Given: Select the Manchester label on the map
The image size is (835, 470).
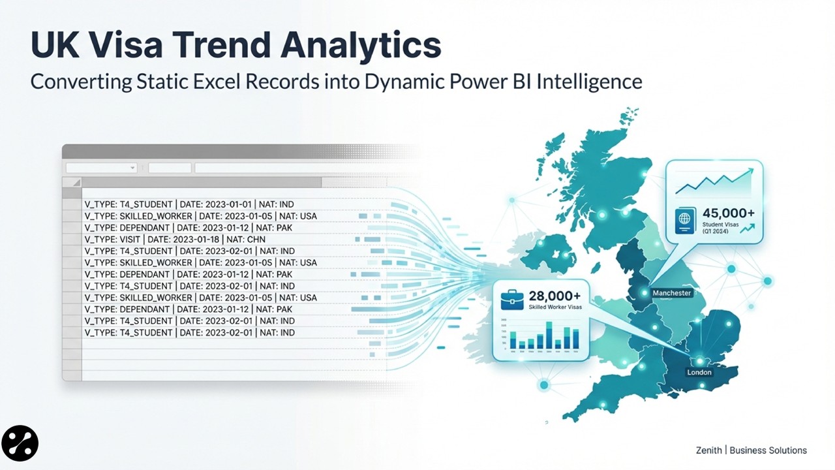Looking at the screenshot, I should click(671, 293).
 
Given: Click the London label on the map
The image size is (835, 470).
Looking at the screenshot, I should click(699, 372).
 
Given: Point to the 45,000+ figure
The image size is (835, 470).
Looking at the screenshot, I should click(729, 213).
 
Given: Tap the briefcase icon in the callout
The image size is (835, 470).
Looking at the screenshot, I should click(511, 300).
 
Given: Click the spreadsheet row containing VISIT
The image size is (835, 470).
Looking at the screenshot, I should click(189, 240).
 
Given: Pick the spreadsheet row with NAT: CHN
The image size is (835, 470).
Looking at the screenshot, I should click(189, 240).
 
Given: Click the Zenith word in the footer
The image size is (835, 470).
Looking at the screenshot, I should click(708, 450).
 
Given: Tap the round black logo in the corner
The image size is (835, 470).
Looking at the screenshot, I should click(20, 445).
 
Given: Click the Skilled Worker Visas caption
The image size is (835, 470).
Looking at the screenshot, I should click(554, 307).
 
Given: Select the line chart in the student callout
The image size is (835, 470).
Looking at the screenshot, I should click(714, 182).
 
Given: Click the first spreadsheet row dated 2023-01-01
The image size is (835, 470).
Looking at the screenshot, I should click(189, 204).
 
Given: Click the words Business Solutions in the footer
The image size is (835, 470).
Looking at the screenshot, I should click(768, 450).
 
